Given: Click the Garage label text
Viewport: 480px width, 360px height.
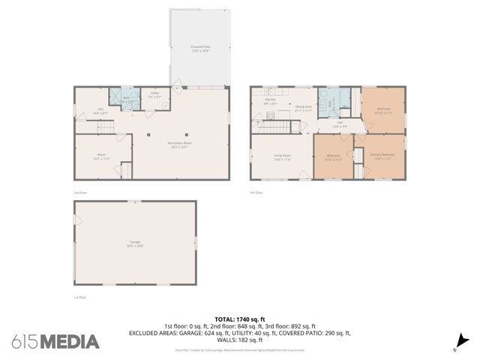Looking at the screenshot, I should pyautogui.click(x=135, y=243).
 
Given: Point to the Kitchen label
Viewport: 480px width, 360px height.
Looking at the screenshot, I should pyautogui.click(x=270, y=101).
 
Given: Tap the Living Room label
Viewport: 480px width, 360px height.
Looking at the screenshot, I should pyautogui.click(x=282, y=157).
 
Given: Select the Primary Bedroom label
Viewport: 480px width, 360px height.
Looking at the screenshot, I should pyautogui.click(x=381, y=157).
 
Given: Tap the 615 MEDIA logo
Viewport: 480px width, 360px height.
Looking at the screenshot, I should pyautogui.click(x=55, y=341).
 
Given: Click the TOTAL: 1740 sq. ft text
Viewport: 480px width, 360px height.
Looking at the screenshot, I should pyautogui.click(x=240, y=319).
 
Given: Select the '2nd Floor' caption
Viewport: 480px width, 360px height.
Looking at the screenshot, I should pyautogui.click(x=80, y=193).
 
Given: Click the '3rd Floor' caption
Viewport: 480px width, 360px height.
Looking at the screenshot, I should pyautogui.click(x=256, y=193).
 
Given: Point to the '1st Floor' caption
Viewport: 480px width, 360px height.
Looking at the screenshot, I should pyautogui.click(x=80, y=297).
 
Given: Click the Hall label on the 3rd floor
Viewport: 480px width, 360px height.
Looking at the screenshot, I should pyautogui.click(x=340, y=124).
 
